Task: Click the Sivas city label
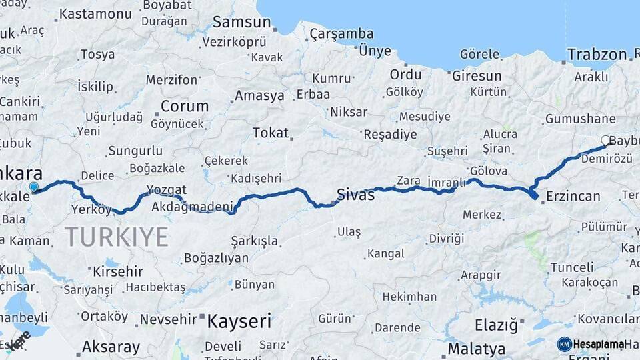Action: coord(355,195)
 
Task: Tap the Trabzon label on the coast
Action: coord(597,55)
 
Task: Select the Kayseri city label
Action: coord(239,322)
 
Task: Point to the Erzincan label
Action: coord(573,196)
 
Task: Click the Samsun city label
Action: coord(241,22)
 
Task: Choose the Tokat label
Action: coord(270,133)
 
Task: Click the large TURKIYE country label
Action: coord(116,237)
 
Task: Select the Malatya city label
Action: coord(476,349)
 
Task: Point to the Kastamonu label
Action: coord(95,13)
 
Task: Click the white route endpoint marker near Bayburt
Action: coord(605,141)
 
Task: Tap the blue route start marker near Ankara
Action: coord(33,187)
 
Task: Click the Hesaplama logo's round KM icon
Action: coord(564,344)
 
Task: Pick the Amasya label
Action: coord(259,95)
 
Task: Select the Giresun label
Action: coord(477,76)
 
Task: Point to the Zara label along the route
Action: coord(408,181)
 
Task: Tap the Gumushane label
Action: coord(580,119)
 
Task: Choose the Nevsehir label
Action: coord(167,320)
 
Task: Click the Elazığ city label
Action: coord(495,326)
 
